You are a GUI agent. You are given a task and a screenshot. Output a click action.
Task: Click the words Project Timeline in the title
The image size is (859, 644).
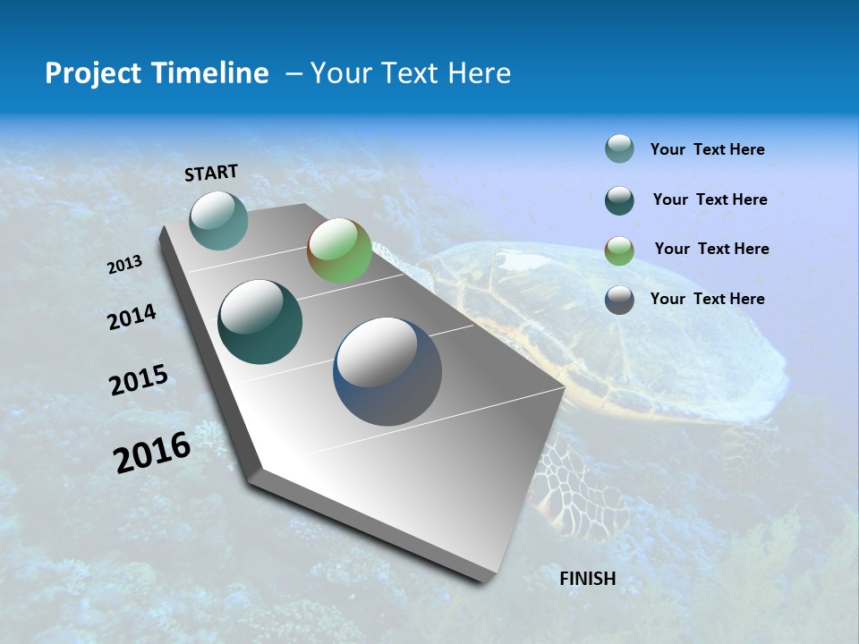(157, 73)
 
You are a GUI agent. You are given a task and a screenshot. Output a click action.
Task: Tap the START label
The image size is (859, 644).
(211, 173)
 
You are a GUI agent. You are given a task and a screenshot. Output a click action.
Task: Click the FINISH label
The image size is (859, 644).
(587, 579)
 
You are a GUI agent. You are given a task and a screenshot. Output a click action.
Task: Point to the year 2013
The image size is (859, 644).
(124, 265)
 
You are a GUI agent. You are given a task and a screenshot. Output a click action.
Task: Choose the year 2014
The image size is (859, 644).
(132, 317)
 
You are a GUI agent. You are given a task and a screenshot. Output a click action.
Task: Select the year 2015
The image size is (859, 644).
(138, 380)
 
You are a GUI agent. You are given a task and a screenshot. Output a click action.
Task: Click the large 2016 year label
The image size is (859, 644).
(152, 452)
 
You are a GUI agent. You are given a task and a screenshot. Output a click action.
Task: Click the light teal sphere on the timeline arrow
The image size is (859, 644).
(218, 220)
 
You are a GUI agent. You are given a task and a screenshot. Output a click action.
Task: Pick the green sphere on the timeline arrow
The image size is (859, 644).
(339, 250)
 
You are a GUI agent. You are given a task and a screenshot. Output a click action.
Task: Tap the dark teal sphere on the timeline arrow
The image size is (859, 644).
(260, 322)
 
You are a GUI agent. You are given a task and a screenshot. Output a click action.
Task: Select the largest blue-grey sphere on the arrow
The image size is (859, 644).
(387, 371)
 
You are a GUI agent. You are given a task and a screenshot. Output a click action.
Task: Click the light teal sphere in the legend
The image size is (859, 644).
(619, 149)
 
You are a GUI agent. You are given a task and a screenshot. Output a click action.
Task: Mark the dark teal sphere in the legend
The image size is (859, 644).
(619, 200)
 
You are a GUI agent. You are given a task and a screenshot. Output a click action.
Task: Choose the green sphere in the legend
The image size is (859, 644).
(619, 250)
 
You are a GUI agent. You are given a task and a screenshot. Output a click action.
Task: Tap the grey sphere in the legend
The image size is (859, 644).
(619, 300)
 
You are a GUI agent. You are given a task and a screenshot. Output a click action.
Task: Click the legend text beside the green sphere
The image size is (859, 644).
(711, 249)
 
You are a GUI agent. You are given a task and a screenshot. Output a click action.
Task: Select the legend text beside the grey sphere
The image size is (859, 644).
(707, 299)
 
